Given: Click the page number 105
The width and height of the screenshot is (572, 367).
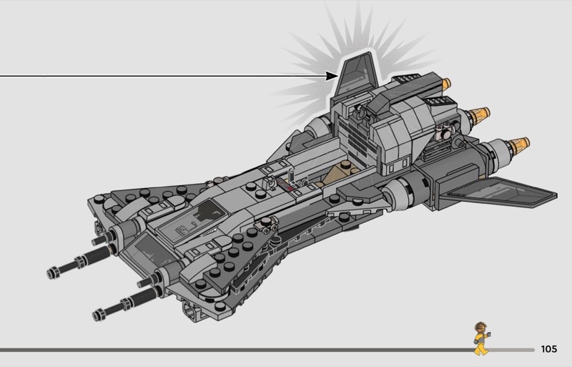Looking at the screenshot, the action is (549, 349).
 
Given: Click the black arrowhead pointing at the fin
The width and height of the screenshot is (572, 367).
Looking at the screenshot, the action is (332, 76).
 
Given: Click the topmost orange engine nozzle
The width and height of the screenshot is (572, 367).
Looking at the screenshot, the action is (446, 84).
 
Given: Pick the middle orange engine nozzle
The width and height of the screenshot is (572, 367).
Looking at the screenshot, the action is (478, 114).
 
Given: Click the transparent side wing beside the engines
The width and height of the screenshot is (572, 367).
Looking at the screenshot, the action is (498, 193).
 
